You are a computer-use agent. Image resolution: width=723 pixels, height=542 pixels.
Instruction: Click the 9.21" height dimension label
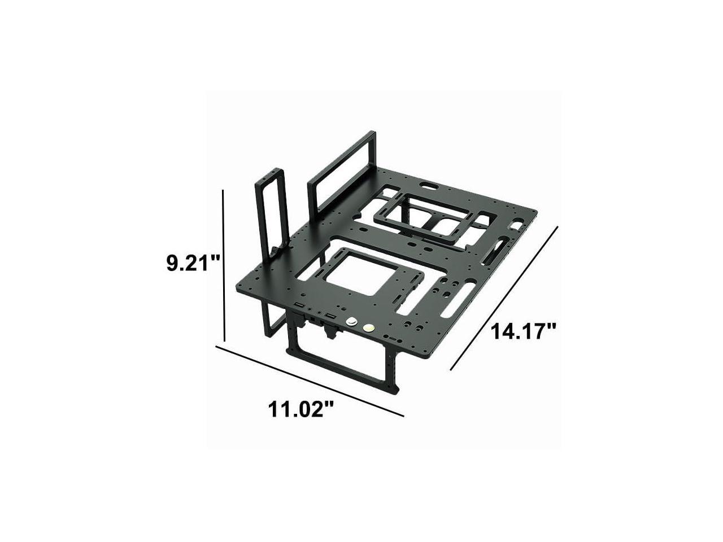click(193, 263)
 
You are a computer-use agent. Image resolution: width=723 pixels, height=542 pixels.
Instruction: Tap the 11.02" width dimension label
click(301, 409)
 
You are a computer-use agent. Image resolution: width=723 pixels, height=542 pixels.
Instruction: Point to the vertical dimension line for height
click(224, 265)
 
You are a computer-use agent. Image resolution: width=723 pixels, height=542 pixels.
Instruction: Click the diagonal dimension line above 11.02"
click(310, 381)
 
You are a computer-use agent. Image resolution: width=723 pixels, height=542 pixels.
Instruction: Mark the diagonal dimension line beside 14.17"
click(504, 298)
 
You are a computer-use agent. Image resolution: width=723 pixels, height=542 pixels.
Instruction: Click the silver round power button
click(352, 322)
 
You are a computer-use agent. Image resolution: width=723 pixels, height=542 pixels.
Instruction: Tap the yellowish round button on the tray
click(368, 328)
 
